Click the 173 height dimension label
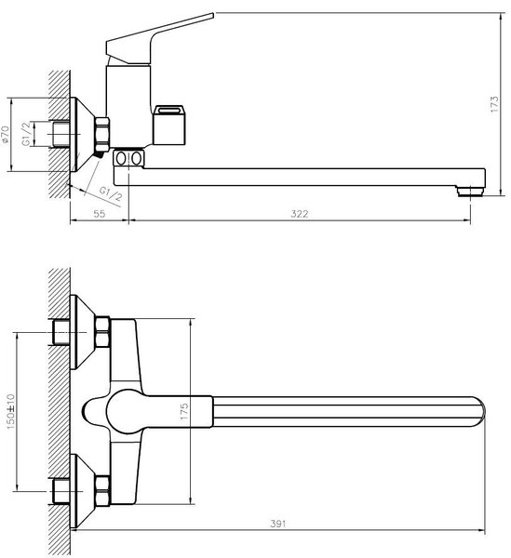(494, 104)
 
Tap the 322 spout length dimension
(300, 214)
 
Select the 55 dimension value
(100, 214)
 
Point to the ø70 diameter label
(6, 135)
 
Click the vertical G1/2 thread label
(26, 134)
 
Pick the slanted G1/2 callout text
(111, 194)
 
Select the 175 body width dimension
(184, 411)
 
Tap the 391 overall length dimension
(277, 524)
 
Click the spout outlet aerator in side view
(470, 191)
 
